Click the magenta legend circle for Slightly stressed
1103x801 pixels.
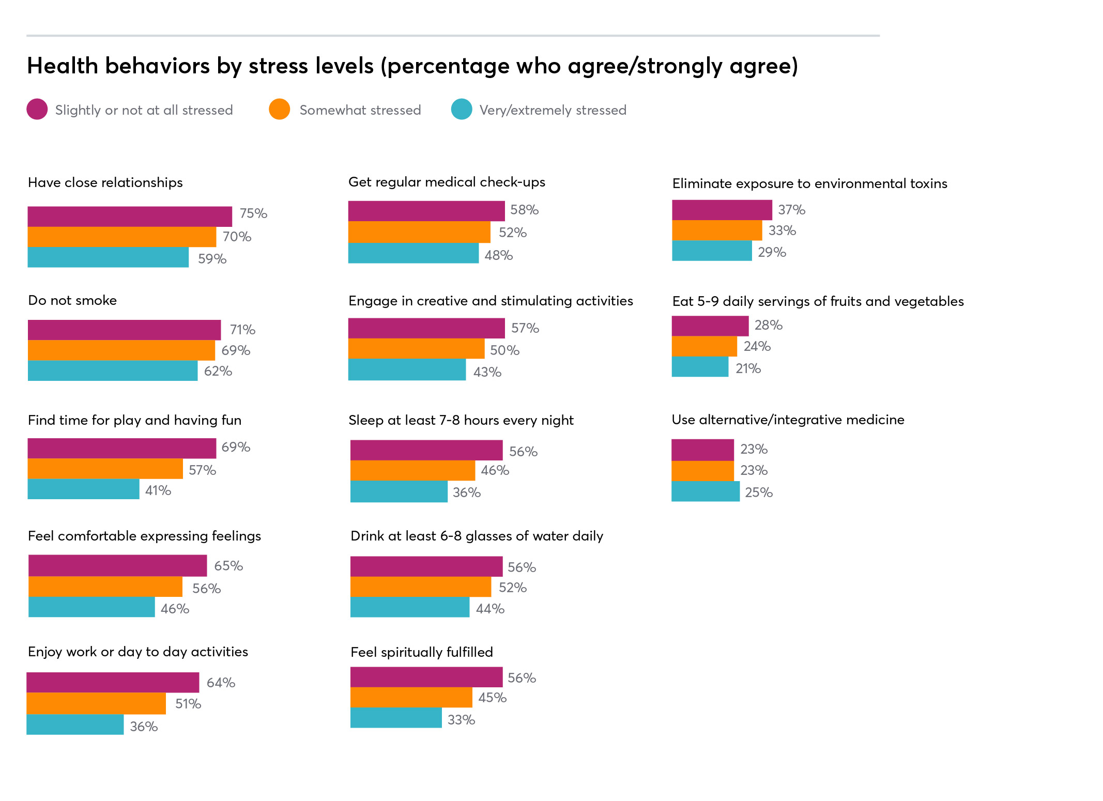(37, 109)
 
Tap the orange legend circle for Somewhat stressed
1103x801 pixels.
(279, 109)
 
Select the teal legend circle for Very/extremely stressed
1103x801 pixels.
(462, 109)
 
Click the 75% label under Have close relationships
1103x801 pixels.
(253, 213)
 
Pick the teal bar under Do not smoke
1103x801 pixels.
(113, 371)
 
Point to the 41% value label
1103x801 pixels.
(158, 490)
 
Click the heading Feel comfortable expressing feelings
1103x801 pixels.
(144, 536)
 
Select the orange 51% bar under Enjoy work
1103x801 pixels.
(96, 703)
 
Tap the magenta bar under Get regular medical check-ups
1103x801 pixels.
(426, 211)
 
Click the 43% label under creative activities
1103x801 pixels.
(487, 372)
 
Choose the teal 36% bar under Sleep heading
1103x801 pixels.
(399, 491)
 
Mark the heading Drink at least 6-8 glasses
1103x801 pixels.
(477, 536)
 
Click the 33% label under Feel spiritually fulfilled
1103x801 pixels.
(461, 720)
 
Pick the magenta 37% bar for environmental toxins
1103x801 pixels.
(722, 210)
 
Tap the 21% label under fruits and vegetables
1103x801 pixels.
(748, 368)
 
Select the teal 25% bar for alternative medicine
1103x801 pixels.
(705, 491)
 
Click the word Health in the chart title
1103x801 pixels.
(63, 66)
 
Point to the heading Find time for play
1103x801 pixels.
(134, 420)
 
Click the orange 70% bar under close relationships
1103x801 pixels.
(121, 237)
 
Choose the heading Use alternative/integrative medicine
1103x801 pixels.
(788, 420)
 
